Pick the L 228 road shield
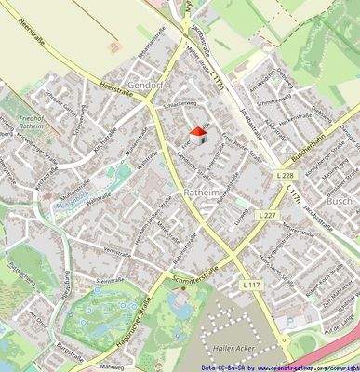[x=287, y=175]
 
